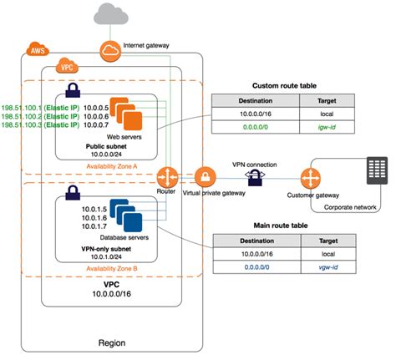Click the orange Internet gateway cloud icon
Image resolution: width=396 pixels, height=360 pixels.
(x=110, y=51)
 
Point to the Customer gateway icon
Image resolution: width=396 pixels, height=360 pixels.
(x=312, y=177)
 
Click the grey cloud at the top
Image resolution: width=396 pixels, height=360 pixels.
(x=110, y=13)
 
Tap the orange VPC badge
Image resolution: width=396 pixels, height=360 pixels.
(x=66, y=66)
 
